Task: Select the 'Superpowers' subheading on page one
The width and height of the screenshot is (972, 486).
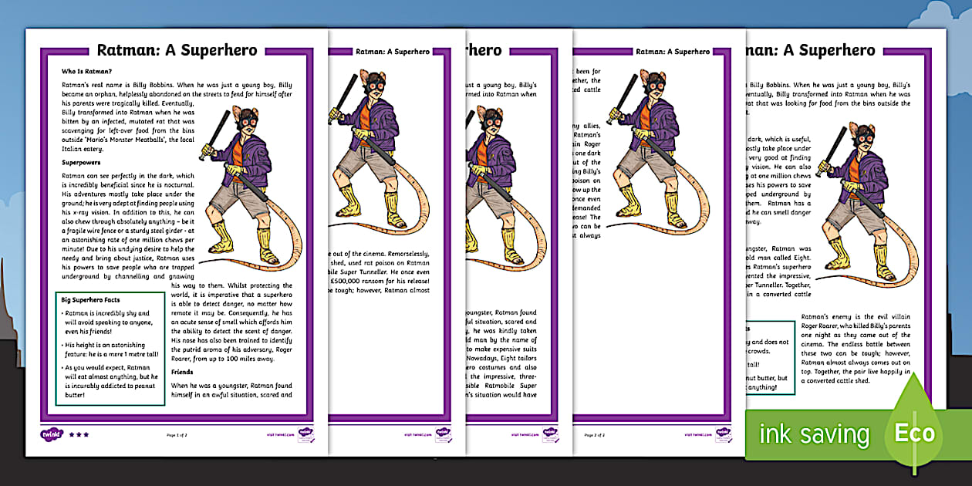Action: [x=83, y=163]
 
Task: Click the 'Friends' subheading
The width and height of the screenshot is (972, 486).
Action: [x=182, y=371]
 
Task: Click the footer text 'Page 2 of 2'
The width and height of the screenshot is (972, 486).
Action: [x=594, y=435]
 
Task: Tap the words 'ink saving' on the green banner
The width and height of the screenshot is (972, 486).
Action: [x=813, y=434]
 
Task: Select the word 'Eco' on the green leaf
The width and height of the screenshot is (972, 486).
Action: [x=914, y=433]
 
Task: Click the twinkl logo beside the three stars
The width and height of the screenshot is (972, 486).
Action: [x=51, y=434]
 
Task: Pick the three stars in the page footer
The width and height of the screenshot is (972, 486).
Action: [x=79, y=434]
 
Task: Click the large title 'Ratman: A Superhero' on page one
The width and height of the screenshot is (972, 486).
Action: [x=177, y=51]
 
